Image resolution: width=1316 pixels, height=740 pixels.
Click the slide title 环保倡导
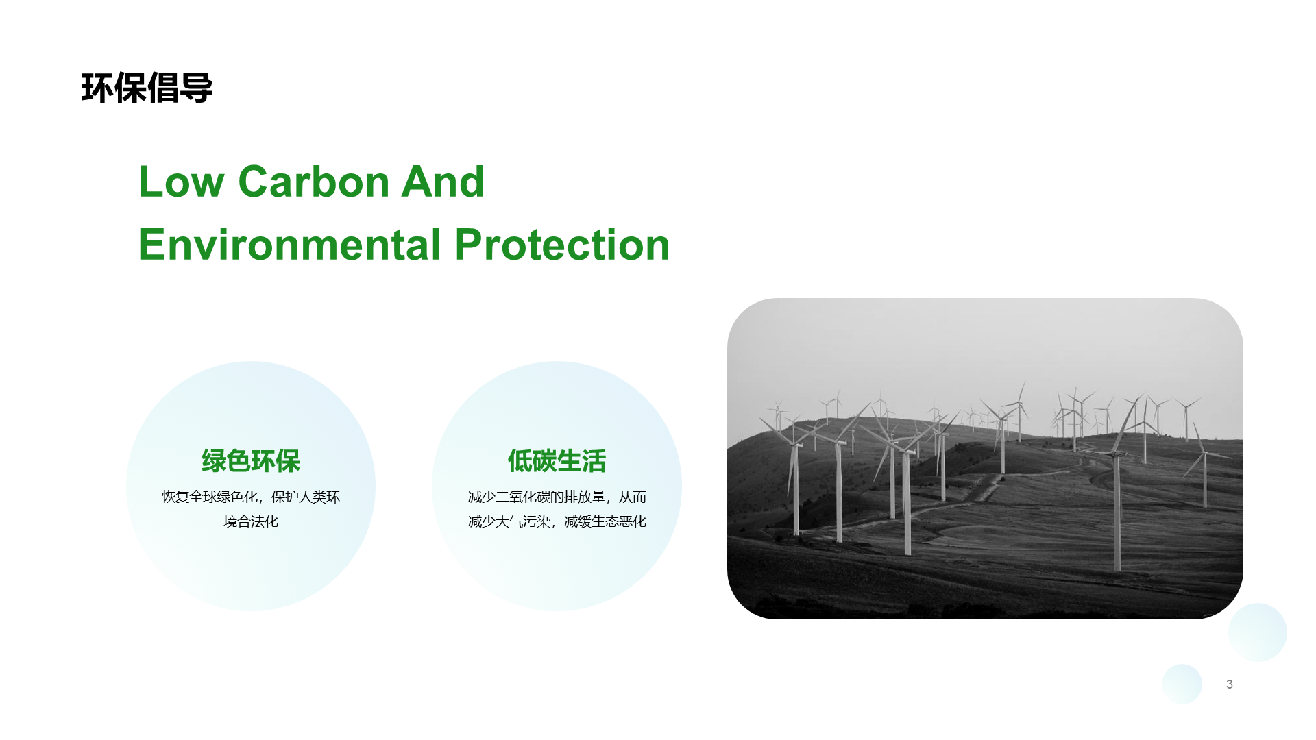coord(147,88)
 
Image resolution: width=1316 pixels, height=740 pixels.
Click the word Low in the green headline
coord(181,182)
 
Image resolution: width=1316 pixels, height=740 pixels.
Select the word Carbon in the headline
coord(313,182)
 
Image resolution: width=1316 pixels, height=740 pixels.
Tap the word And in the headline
coord(443,182)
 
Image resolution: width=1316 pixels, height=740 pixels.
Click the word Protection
coord(562,245)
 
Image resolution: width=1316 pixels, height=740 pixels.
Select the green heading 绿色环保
coord(251,461)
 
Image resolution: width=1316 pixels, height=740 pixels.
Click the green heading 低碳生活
coord(557,461)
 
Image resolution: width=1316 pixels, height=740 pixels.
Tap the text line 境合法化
coord(251,521)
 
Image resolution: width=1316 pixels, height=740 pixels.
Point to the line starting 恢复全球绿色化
coord(251,497)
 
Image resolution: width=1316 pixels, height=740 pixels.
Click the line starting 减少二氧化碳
coord(557,497)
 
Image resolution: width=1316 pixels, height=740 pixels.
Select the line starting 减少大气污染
coord(557,521)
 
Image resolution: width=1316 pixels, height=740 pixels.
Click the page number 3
coord(1230,684)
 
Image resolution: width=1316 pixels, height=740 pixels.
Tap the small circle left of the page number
coord(1182,684)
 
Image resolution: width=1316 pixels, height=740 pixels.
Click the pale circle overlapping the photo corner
coord(1257,632)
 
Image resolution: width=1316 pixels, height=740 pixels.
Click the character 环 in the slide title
coord(97,88)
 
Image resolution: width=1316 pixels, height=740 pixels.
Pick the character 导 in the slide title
coord(197,88)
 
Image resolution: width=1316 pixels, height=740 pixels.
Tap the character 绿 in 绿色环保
coord(213,461)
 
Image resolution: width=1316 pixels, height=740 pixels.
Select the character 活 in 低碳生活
coord(594,461)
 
